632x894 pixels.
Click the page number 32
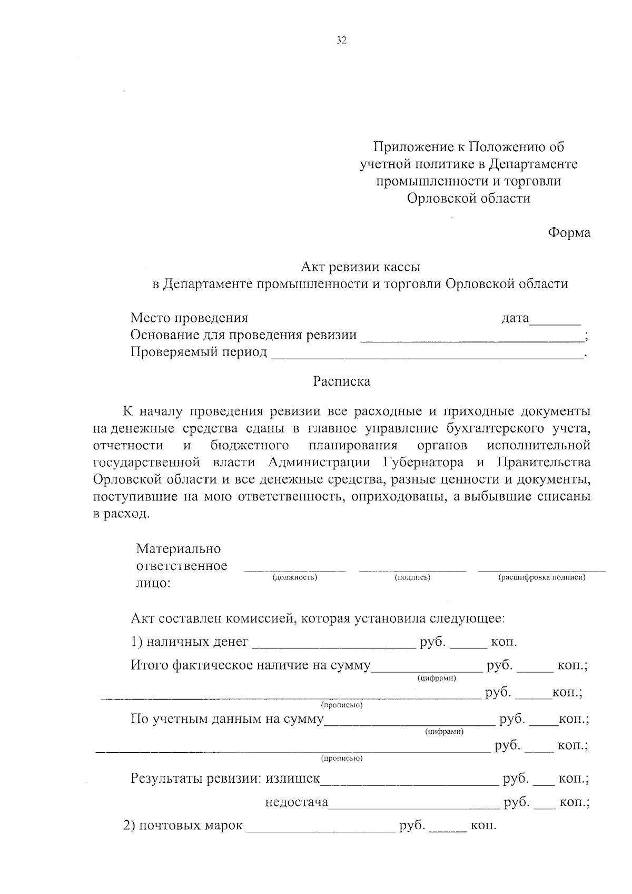341,41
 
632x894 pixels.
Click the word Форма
569,232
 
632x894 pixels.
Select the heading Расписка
341,381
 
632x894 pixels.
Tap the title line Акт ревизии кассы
360,268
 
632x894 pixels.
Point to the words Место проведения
189,318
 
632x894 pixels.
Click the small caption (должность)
294,577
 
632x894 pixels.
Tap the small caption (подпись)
412,577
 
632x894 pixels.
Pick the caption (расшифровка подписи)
542,577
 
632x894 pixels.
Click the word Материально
179,549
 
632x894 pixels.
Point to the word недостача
297,802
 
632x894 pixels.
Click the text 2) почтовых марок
183,825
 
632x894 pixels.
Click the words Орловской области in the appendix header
468,199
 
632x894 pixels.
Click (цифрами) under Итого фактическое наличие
437,678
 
